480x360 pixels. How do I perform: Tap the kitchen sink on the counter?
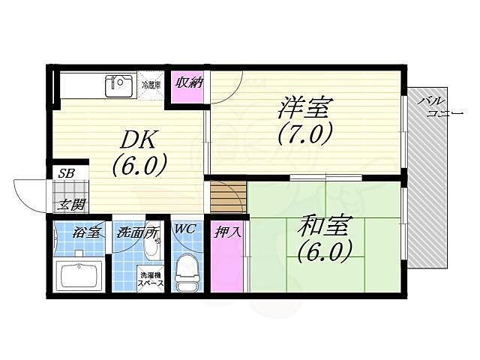tap(118, 84)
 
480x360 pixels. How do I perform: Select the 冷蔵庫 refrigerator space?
tap(151, 85)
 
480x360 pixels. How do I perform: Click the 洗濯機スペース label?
tap(151, 280)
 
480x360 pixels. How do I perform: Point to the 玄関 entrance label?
tap(73, 203)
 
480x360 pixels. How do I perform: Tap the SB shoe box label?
tap(67, 173)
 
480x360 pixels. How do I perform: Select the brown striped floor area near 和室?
tap(227, 196)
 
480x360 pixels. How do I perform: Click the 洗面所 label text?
tap(136, 232)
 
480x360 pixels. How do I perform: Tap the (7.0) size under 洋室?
tap(304, 135)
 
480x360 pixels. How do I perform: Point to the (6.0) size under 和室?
tap(325, 252)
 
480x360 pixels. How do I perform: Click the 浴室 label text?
tap(85, 232)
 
